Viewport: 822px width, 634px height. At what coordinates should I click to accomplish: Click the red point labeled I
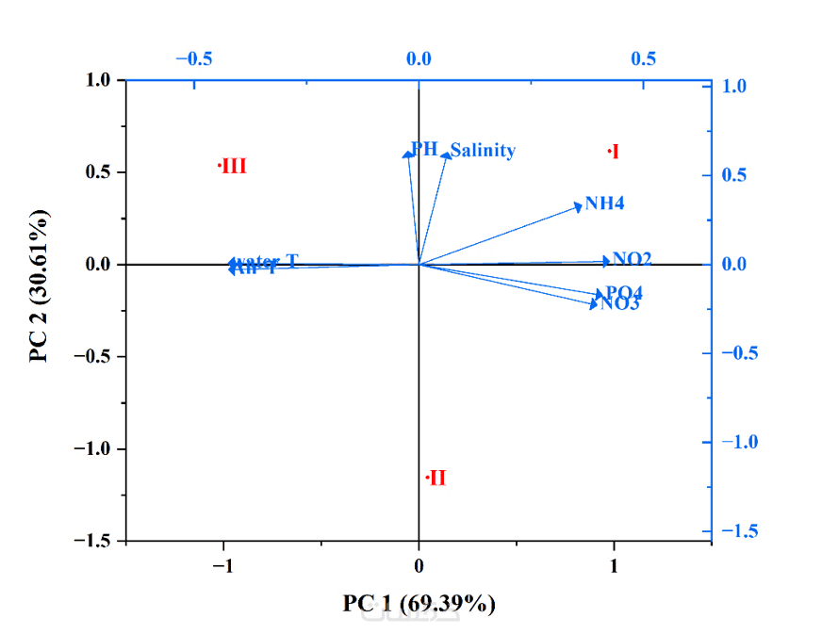pos(610,151)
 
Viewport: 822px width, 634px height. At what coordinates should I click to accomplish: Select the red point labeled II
pos(427,478)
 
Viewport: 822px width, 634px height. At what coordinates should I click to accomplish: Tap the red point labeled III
pos(220,166)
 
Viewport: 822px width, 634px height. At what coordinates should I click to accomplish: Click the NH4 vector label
pos(604,203)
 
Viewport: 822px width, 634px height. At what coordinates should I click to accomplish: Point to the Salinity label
pos(483,150)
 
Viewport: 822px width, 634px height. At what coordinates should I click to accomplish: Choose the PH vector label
pos(424,149)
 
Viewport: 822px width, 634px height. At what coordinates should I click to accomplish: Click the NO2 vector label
pos(632,258)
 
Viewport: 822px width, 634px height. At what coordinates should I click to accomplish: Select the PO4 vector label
pos(624,292)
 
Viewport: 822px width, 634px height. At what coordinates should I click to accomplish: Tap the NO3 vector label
pos(620,303)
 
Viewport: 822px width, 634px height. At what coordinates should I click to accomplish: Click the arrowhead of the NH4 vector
pos(580,206)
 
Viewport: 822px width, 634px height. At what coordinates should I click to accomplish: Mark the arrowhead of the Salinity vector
pos(447,155)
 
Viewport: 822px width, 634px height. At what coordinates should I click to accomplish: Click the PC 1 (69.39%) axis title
pos(419,603)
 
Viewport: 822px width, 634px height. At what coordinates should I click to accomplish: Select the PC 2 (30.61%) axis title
pos(40,286)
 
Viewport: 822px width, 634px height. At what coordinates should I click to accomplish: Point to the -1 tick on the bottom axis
pos(222,565)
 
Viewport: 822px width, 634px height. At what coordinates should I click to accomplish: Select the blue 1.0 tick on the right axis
pos(735,86)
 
